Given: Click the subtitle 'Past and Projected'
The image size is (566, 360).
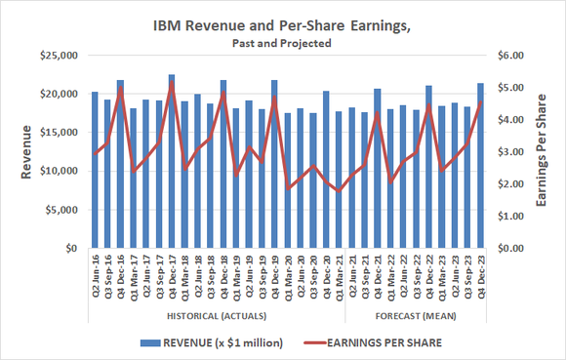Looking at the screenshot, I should (x=282, y=43).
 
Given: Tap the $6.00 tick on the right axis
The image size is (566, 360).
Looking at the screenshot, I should (x=511, y=56).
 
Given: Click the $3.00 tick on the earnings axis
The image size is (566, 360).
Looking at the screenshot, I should (x=511, y=152).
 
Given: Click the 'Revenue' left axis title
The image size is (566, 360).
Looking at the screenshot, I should (x=26, y=152).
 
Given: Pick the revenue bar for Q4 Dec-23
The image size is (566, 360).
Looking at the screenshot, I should (x=480, y=166).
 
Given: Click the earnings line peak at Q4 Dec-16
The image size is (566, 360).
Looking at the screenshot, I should (x=120, y=88).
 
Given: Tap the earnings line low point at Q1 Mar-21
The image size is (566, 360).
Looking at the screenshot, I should (x=339, y=191).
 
